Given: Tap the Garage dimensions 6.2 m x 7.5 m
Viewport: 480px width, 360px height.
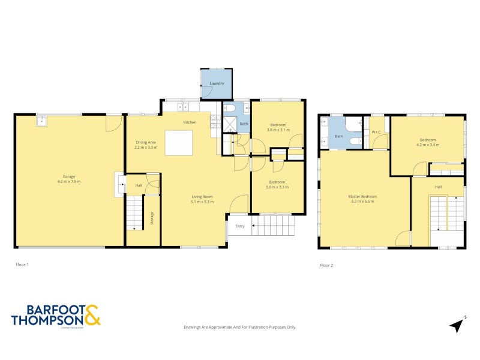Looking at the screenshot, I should pos(69,182).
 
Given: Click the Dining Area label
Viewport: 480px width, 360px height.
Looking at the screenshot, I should pos(145,142).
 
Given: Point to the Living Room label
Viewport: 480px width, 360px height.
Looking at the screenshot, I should pos(202,196).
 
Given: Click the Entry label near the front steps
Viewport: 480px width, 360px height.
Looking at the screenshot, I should pos(240,226).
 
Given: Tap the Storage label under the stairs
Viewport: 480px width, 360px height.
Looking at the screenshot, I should pos(152,219).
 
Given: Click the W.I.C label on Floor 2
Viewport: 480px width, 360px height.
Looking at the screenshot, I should pos(377,133).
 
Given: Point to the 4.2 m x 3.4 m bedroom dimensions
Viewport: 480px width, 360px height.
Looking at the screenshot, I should pos(428,145).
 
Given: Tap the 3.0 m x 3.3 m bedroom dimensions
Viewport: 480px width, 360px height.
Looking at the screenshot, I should pos(277,187).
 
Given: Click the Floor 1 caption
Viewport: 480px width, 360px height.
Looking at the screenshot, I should pos(22,264).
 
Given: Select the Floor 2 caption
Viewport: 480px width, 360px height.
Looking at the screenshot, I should pos(326,265).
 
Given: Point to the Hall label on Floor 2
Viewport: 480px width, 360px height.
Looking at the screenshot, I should pos(438,187).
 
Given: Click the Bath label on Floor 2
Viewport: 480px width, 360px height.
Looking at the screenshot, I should pos(338,136).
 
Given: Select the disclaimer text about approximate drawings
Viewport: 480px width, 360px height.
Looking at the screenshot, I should pos(239,327).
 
